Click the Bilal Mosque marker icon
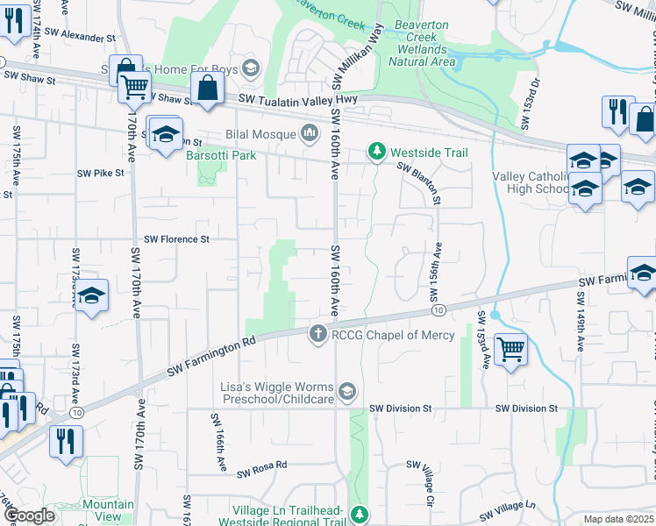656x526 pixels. coord(309,134)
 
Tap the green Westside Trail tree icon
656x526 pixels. coord(377,153)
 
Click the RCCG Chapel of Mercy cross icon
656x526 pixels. coord(317,334)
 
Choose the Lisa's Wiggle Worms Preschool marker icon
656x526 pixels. coord(348,392)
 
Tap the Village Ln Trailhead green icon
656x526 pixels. coord(358,514)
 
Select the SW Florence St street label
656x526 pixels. coord(177,238)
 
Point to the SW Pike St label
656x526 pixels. coord(102,174)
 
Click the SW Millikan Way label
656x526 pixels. coord(358,55)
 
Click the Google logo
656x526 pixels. coord(29,515)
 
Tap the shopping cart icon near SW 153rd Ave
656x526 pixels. coord(510,348)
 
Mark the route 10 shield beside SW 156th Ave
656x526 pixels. coord(439,310)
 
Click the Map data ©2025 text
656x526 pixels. coord(618,519)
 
